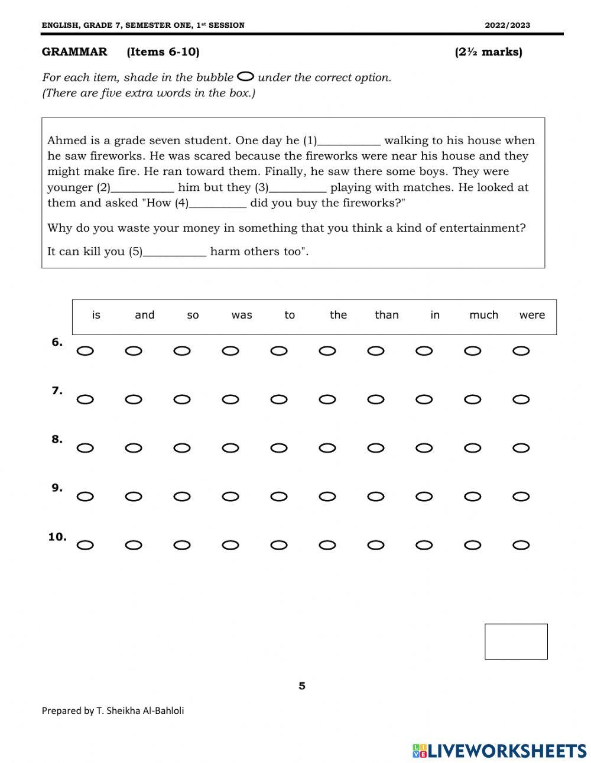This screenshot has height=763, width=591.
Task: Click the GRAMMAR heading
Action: point(74,52)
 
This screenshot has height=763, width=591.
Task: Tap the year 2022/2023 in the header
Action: point(507,25)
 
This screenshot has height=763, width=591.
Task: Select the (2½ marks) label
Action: point(488,52)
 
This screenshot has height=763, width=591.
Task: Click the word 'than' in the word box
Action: point(387,315)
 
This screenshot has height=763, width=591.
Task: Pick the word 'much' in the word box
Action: point(483,315)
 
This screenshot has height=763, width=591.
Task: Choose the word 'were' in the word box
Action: point(532,315)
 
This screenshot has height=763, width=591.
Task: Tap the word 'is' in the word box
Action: point(96,315)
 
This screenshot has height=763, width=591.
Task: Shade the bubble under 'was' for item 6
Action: point(230,351)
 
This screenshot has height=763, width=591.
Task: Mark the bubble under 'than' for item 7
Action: point(376,400)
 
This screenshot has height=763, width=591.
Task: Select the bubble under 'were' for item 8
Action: point(521,448)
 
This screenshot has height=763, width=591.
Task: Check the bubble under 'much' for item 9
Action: point(473,496)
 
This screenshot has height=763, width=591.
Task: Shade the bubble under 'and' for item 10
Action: point(134,545)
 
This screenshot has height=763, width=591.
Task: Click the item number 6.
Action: point(57,342)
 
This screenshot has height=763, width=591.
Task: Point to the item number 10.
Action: point(57,537)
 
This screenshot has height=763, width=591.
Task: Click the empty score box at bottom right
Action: point(516,641)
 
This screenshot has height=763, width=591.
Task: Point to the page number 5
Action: point(302,686)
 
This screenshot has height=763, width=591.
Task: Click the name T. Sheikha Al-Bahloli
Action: point(140,711)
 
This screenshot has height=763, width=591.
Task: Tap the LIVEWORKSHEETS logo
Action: point(499,751)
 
